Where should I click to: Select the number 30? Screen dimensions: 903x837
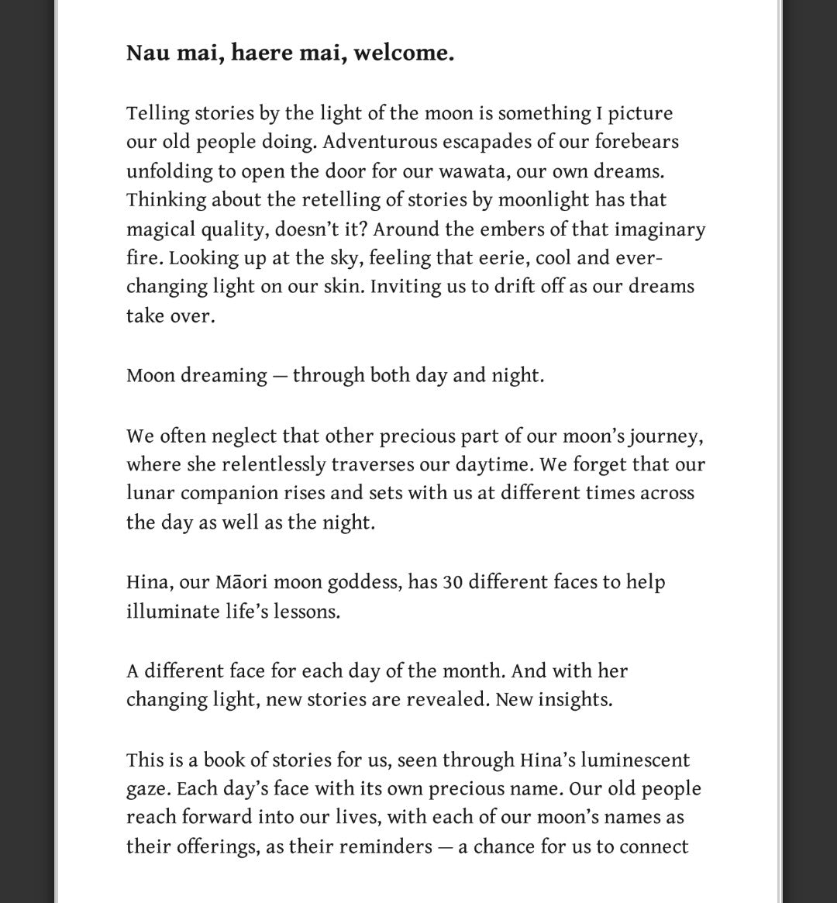pyautogui.click(x=453, y=583)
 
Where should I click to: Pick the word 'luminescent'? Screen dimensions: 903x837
pyautogui.click(x=634, y=760)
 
